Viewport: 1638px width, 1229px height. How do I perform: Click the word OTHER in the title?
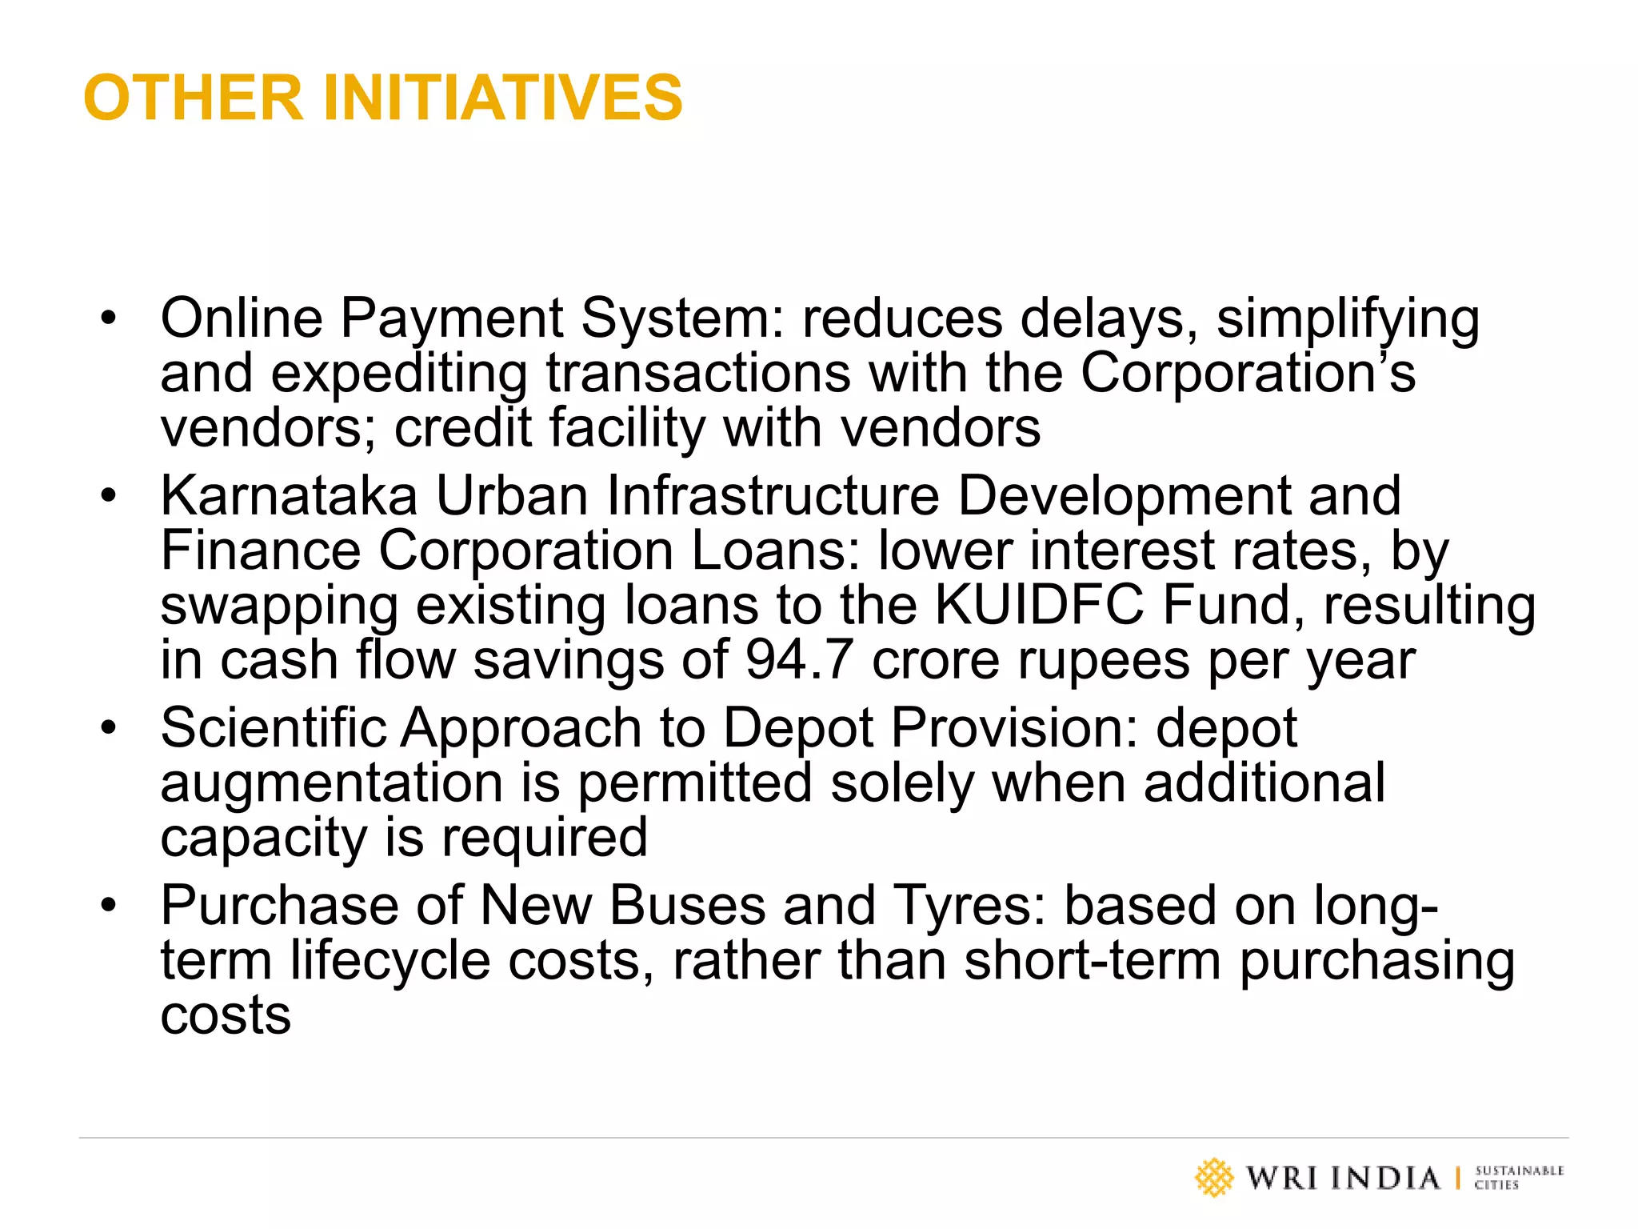[x=193, y=98]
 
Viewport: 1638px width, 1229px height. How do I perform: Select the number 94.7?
[x=799, y=660]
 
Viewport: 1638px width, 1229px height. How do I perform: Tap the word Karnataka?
[x=289, y=495]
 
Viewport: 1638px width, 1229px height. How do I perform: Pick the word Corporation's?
[x=1248, y=373]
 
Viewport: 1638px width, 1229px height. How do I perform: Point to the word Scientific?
[x=273, y=727]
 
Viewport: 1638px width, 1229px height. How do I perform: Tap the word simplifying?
[x=1348, y=319]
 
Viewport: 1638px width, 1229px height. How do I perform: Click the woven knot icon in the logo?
[x=1214, y=1178]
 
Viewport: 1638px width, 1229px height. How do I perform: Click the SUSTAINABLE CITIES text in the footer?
[x=1518, y=1178]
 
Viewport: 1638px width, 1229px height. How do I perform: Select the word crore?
[x=935, y=661]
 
